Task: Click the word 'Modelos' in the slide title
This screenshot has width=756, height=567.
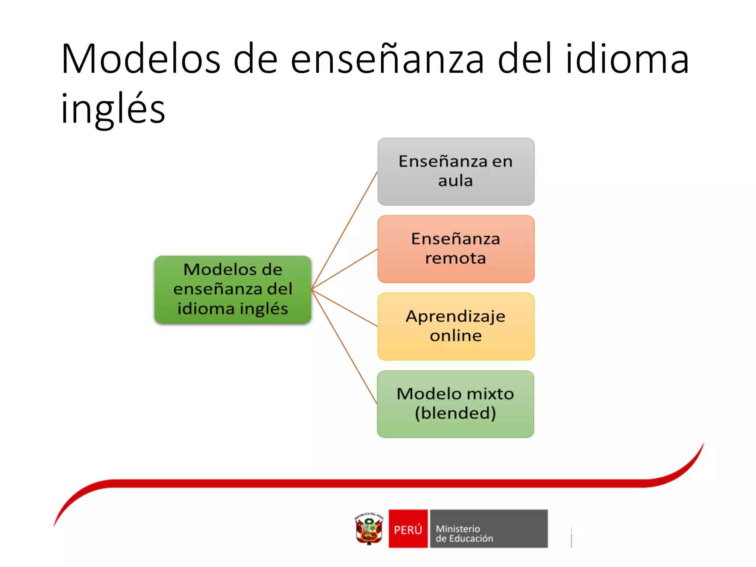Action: click(x=141, y=59)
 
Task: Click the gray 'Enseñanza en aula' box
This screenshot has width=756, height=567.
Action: click(x=456, y=172)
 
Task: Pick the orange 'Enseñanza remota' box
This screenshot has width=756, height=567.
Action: click(x=456, y=249)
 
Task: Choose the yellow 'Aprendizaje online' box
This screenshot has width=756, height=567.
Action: click(x=456, y=326)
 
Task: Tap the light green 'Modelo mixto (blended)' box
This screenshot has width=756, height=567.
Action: click(x=456, y=404)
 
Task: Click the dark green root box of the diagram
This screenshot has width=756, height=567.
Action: click(x=233, y=289)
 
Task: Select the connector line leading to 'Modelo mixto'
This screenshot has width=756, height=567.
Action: click(x=344, y=347)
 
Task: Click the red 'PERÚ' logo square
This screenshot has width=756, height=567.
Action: click(x=408, y=529)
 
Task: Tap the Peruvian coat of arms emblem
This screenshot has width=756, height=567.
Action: click(x=369, y=529)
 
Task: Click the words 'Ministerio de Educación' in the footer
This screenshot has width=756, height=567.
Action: click(x=464, y=533)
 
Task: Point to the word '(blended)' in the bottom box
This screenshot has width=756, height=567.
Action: click(x=456, y=413)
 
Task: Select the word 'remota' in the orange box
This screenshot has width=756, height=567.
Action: click(x=456, y=258)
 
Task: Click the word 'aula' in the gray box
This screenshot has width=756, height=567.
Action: click(x=456, y=181)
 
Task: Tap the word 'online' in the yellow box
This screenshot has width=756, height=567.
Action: click(x=456, y=336)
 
